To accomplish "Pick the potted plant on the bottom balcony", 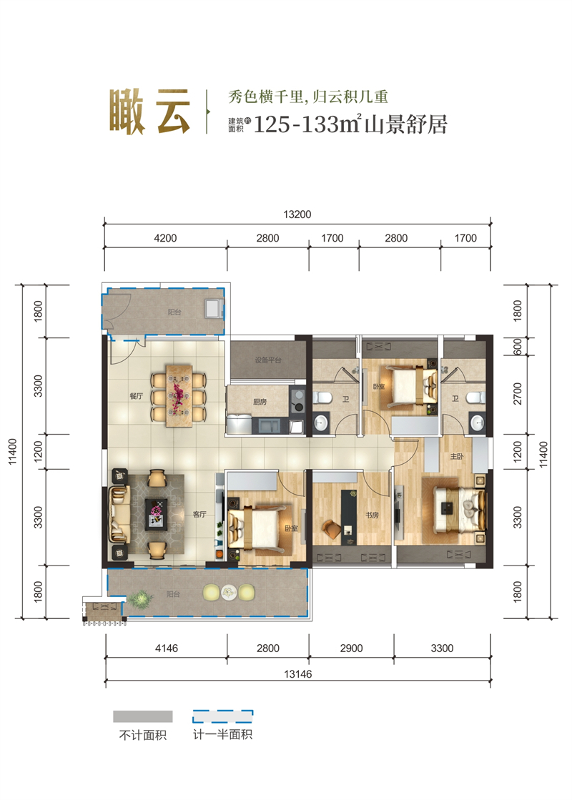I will point(142,597).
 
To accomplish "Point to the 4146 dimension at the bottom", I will point(164,648).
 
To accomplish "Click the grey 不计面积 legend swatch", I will point(143,716).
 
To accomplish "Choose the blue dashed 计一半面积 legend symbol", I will point(223,716).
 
